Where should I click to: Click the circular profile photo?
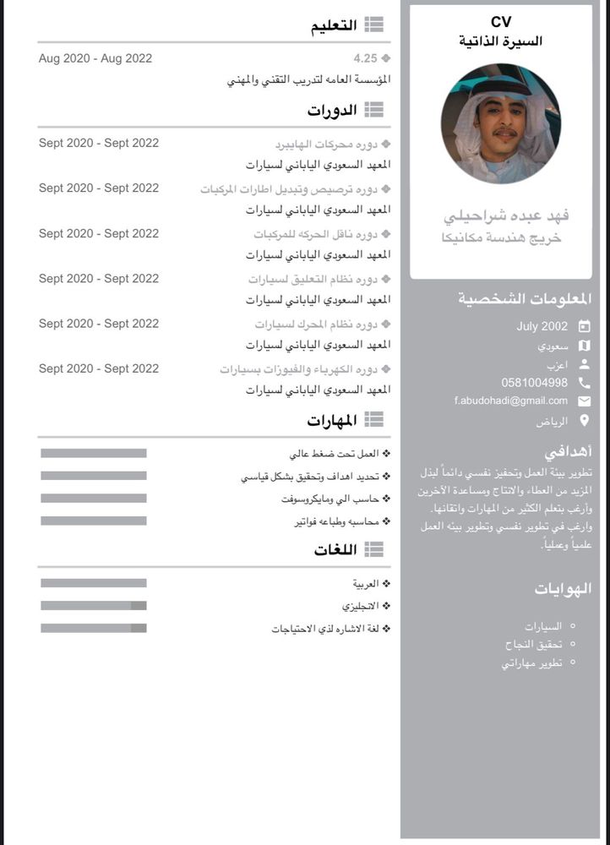pyautogui.click(x=501, y=123)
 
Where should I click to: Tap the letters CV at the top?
pyautogui.click(x=501, y=22)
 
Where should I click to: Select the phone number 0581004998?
pyautogui.click(x=534, y=383)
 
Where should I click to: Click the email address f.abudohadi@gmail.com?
pyautogui.click(x=510, y=401)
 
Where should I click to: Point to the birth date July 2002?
pyautogui.click(x=542, y=326)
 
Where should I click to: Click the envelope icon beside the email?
pyautogui.click(x=584, y=401)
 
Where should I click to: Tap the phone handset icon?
pyautogui.click(x=584, y=383)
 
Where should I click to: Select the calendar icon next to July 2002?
pyautogui.click(x=584, y=326)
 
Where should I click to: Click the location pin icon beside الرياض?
pyautogui.click(x=584, y=421)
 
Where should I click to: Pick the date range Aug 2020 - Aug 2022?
pyautogui.click(x=95, y=58)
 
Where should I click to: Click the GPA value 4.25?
pyautogui.click(x=366, y=58)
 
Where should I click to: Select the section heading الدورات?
pyautogui.click(x=332, y=111)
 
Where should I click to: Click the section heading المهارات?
pyautogui.click(x=332, y=421)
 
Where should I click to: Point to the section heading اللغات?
pyautogui.click(x=335, y=550)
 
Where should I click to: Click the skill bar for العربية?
pyautogui.click(x=94, y=583)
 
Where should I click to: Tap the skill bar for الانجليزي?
pyautogui.click(x=94, y=605)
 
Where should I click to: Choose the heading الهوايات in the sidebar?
pyautogui.click(x=563, y=589)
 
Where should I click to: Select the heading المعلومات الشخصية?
pyautogui.click(x=525, y=299)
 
